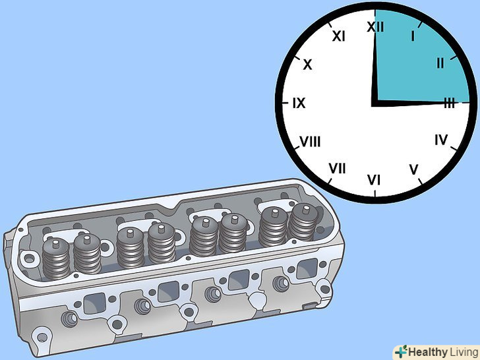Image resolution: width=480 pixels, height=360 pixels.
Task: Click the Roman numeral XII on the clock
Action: [x=375, y=27]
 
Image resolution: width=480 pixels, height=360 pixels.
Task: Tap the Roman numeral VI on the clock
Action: [x=374, y=180]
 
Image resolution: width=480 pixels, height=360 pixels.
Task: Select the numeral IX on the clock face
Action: [x=299, y=103]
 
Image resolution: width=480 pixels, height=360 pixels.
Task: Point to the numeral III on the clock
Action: [x=449, y=104]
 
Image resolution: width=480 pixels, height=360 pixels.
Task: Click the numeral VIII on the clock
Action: [x=310, y=141]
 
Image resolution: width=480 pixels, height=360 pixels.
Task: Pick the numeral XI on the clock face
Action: [x=339, y=36]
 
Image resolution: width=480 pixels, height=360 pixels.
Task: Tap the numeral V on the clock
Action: [x=413, y=169]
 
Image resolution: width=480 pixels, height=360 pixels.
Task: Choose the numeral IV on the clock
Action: [x=441, y=140]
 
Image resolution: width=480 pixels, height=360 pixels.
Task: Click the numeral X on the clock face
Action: [x=307, y=65]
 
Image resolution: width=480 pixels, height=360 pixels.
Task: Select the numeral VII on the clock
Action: [x=337, y=168]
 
